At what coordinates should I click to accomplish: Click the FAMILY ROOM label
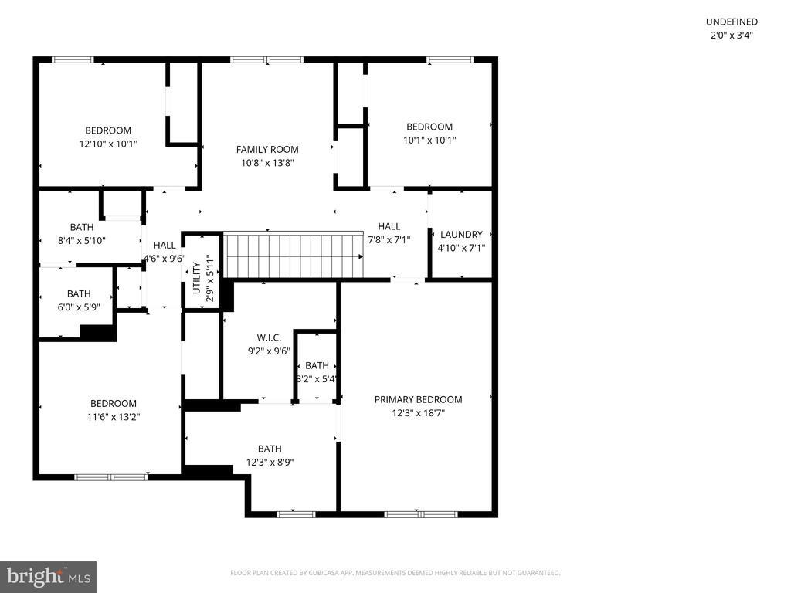[267, 150]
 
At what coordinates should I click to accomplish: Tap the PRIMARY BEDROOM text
[418, 399]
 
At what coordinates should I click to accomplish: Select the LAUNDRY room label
[461, 235]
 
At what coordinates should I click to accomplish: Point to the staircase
[293, 256]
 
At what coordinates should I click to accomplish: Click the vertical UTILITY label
[196, 278]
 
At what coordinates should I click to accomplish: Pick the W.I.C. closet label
[269, 337]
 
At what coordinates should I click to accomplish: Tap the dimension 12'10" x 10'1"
[108, 144]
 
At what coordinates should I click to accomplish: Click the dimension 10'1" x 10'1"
[429, 141]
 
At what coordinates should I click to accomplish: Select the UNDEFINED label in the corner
[732, 22]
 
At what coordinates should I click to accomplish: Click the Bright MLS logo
[48, 576]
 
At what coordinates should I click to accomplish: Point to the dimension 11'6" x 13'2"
[114, 417]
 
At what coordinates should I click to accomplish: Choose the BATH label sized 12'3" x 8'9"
[270, 449]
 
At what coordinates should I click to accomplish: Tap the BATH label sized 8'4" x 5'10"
[82, 227]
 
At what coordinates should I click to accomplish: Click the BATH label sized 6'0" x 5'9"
[79, 293]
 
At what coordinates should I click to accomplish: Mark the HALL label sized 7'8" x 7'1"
[389, 226]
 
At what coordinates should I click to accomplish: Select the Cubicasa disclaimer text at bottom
[395, 573]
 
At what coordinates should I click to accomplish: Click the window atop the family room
[267, 59]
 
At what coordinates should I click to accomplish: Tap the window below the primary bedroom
[421, 514]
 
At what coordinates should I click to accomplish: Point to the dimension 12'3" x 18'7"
[418, 413]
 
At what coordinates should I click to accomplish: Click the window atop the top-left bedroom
[73, 59]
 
